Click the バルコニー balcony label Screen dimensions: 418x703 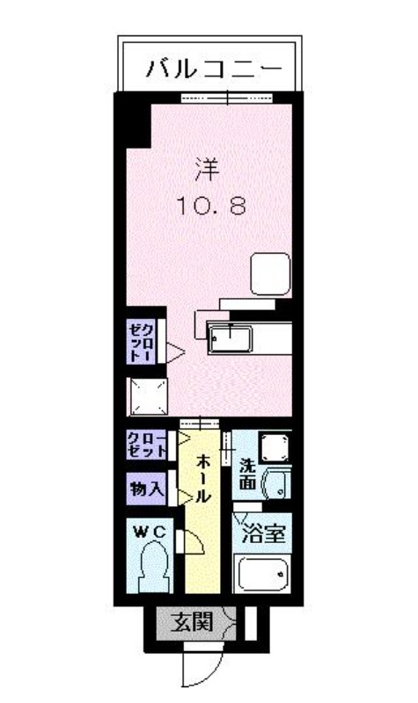pyautogui.click(x=214, y=69)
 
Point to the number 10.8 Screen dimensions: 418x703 pyautogui.click(x=211, y=207)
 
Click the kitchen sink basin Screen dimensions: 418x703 pyautogui.click(x=230, y=339)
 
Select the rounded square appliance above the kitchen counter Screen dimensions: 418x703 pyautogui.click(x=270, y=274)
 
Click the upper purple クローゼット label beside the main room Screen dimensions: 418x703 pyautogui.click(x=141, y=342)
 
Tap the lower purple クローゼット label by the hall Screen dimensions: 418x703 pyautogui.click(x=146, y=445)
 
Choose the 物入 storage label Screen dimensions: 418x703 pyautogui.click(x=147, y=489)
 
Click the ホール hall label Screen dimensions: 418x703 pyautogui.click(x=203, y=478)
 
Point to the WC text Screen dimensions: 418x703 pyautogui.click(x=150, y=533)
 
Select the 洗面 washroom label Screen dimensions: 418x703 pyautogui.click(x=248, y=474)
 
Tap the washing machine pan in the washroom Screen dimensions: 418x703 pyautogui.click(x=275, y=447)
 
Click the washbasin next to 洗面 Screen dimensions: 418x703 pyautogui.click(x=276, y=482)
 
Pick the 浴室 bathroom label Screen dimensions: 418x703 pyautogui.click(x=263, y=533)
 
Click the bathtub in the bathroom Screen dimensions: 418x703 pyautogui.click(x=262, y=574)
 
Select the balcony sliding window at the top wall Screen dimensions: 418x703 pyautogui.click(x=227, y=98)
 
